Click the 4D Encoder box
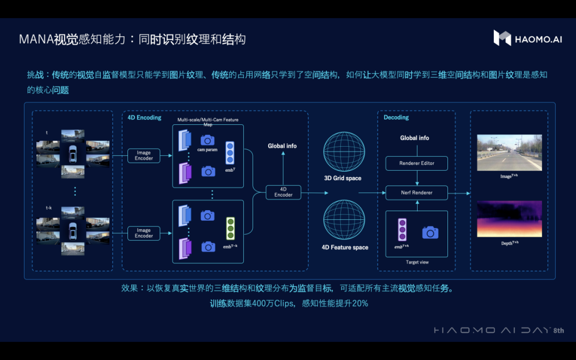coord(283,192)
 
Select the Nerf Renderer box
coord(417,193)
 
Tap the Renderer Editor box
coord(417,163)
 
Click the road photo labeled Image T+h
coord(509,153)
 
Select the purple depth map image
coord(509,219)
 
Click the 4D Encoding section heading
coord(144,117)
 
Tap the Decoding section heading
coord(396,117)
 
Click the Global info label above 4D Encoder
coord(282,146)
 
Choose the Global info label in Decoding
coord(414,138)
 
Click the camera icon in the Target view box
coord(430,232)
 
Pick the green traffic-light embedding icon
coord(230,228)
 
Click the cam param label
coord(207,150)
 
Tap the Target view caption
coord(417,262)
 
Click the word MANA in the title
coord(36,39)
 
